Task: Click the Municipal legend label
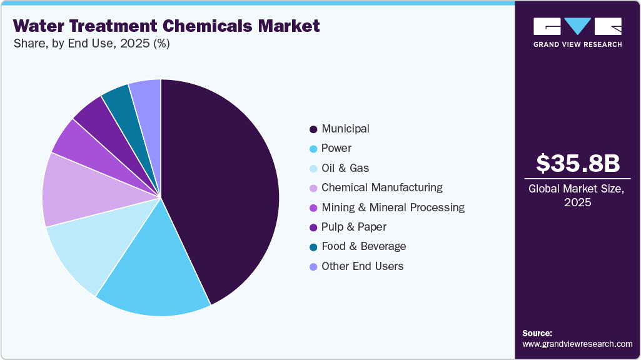click(x=345, y=129)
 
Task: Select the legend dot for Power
click(x=313, y=149)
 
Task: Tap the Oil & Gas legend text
click(x=345, y=168)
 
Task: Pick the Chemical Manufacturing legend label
click(x=381, y=187)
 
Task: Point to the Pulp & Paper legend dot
click(x=313, y=227)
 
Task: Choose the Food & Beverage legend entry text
click(x=363, y=246)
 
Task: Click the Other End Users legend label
click(x=362, y=266)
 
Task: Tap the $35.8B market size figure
click(x=578, y=163)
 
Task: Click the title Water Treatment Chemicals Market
click(x=166, y=26)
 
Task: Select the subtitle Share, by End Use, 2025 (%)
click(x=91, y=44)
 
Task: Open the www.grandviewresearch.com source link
click(x=577, y=344)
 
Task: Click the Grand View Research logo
click(x=577, y=32)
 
